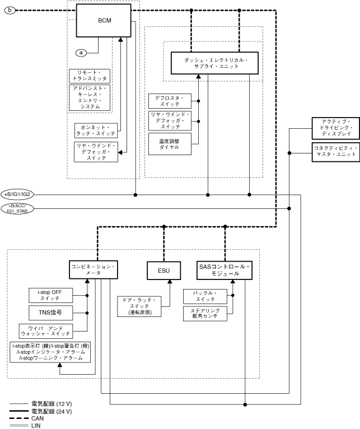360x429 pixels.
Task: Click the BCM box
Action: [x=104, y=21]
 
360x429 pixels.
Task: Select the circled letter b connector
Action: [x=10, y=10]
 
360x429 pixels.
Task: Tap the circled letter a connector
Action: [x=81, y=52]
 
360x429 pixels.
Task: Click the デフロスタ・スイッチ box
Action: [x=170, y=101]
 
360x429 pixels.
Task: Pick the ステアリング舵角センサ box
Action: [x=205, y=314]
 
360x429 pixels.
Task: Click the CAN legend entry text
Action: [x=38, y=418]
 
